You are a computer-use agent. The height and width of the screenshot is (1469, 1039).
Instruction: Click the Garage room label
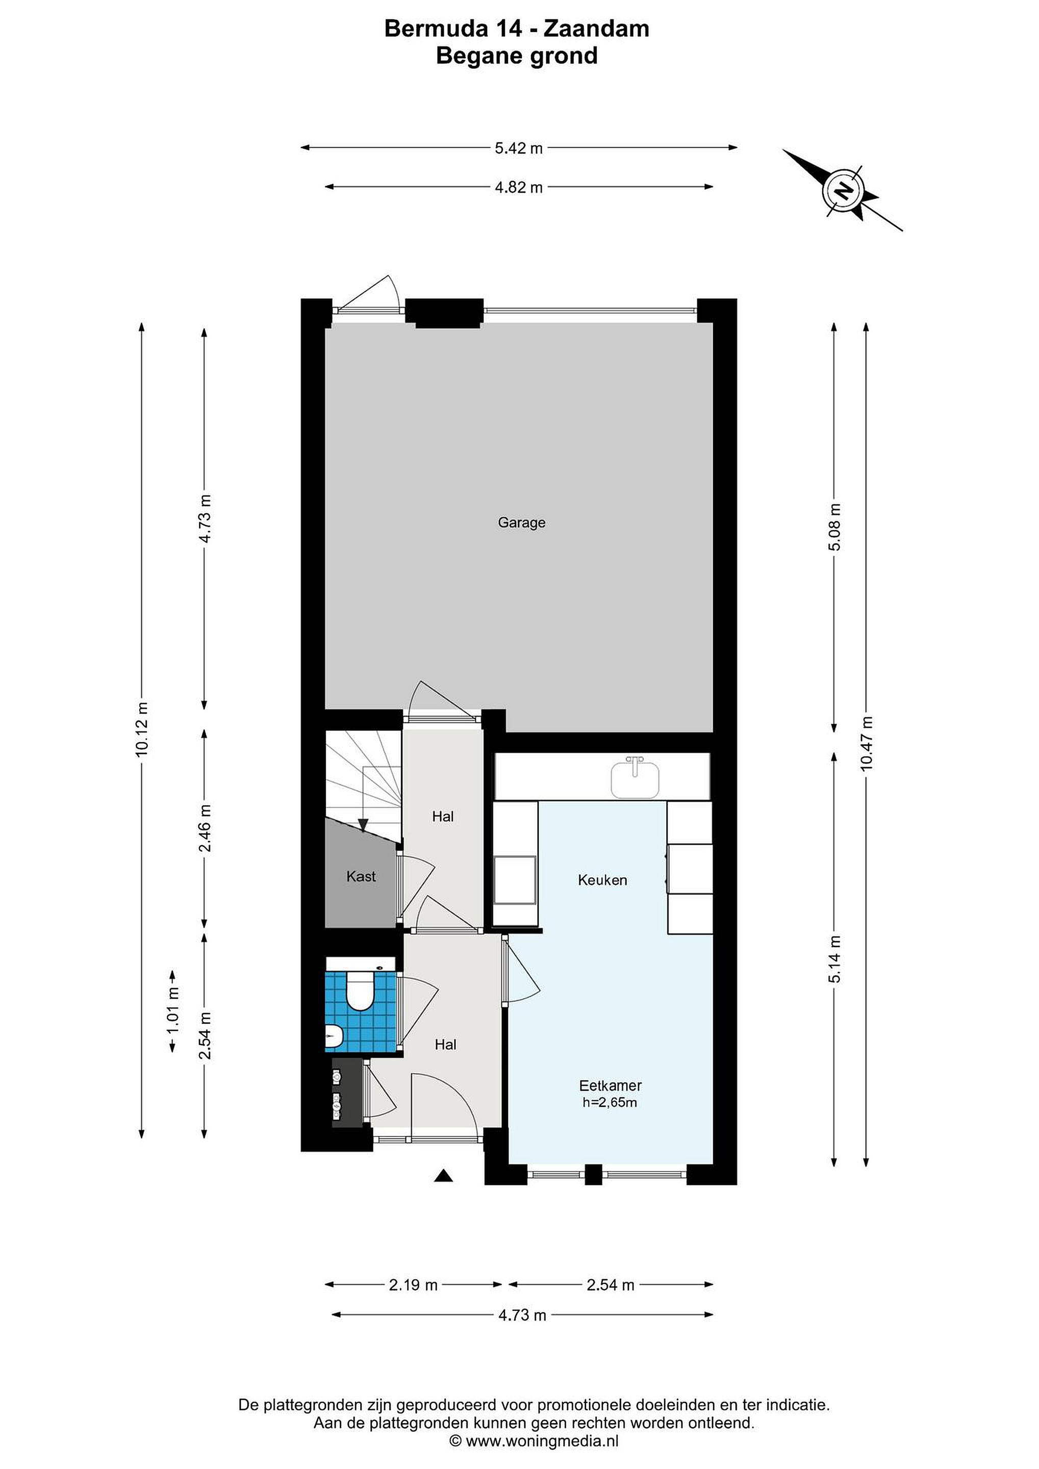point(521,523)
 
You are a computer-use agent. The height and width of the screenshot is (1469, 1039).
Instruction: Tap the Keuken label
point(602,880)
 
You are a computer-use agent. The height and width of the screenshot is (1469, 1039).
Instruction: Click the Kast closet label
point(361,876)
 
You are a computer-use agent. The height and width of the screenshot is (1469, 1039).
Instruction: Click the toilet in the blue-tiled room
point(360,991)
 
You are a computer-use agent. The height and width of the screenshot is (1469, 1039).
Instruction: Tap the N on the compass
point(844,191)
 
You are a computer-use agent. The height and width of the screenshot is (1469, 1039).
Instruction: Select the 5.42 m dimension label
point(518,148)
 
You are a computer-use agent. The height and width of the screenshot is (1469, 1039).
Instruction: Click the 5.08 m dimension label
point(834,527)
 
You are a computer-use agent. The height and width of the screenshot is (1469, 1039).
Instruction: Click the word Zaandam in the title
point(596,29)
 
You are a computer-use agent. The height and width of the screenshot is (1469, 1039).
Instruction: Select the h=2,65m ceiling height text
point(610,1102)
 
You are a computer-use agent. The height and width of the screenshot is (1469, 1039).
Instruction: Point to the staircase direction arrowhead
point(363,825)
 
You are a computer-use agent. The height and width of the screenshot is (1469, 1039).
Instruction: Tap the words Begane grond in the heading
point(516,56)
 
